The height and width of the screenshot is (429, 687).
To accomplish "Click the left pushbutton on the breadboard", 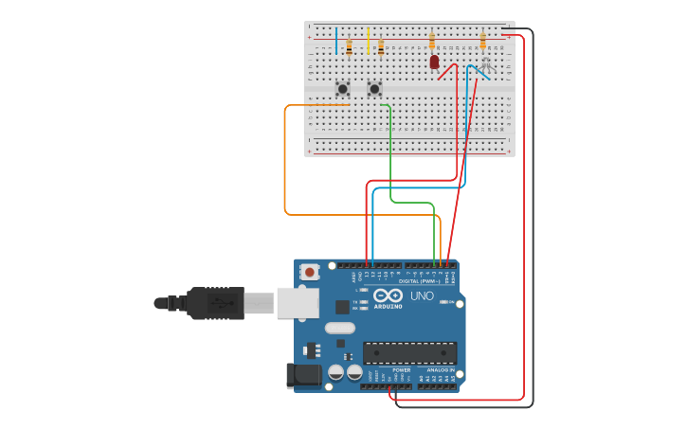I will tap(342, 89).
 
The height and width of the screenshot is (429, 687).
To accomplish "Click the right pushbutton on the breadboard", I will tap(374, 89).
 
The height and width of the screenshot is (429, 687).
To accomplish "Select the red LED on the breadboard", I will tap(434, 63).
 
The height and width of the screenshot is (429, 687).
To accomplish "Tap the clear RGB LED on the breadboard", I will tap(486, 63).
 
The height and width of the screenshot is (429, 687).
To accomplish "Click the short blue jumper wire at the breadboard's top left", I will tap(335, 40).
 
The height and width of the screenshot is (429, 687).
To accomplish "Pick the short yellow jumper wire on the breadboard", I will tap(368, 40).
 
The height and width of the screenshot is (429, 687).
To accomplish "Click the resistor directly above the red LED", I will tap(432, 41).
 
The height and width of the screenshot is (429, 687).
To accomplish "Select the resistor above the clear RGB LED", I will tap(482, 41).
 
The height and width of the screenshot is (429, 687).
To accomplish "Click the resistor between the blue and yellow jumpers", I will tap(349, 45).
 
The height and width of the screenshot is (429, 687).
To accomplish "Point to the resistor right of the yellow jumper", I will tap(381, 45).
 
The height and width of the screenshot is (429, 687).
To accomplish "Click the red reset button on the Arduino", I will tap(309, 272).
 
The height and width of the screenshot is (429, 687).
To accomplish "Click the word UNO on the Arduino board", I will tap(423, 295).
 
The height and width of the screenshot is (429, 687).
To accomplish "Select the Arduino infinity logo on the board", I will tap(389, 295).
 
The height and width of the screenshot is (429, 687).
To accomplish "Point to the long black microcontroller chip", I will tap(409, 352).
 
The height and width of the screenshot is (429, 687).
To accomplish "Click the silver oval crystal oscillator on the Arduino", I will tap(339, 328).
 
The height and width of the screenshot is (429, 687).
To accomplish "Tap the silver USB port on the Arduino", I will tap(298, 303).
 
